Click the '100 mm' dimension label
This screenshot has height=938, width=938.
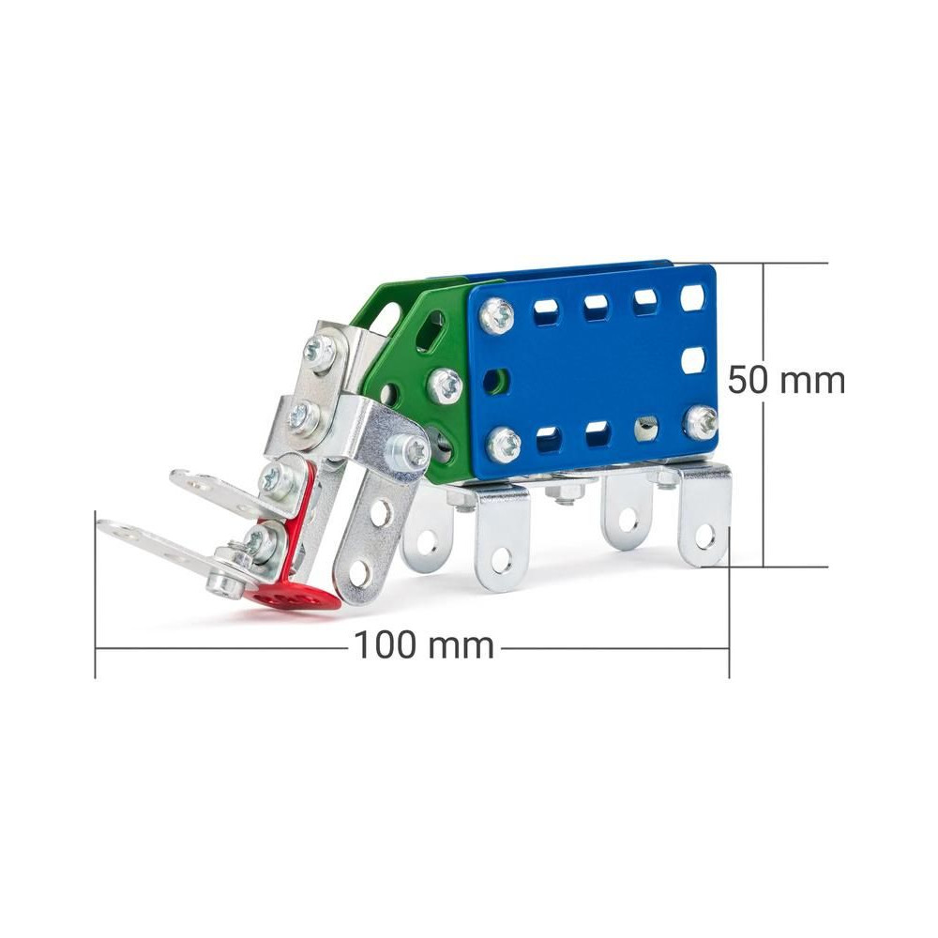coord(424,646)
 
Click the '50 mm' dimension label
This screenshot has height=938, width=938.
coord(786,380)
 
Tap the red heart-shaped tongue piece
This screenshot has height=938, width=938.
coord(293,597)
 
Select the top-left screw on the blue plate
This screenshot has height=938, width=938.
coord(497,315)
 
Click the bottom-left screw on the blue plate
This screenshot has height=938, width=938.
coord(505,444)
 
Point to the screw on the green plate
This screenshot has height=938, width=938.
coord(446,385)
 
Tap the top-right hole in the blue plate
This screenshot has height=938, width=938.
coord(693,298)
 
